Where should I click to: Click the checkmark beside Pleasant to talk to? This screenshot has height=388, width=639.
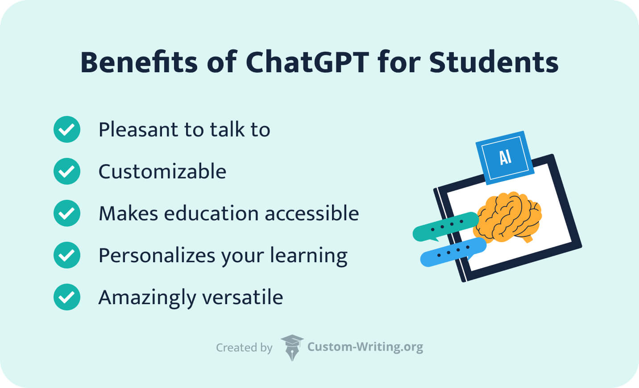(67, 129)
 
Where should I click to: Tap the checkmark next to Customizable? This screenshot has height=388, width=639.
(67, 171)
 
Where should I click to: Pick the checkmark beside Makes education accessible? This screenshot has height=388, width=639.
(67, 213)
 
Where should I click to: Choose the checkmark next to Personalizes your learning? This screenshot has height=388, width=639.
(67, 255)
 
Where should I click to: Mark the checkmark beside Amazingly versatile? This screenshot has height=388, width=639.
(67, 297)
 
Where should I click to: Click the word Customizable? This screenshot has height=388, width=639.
(162, 171)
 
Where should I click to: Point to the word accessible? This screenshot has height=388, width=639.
(312, 213)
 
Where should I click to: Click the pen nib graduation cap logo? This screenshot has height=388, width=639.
(292, 347)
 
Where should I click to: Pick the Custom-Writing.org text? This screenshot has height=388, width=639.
(365, 347)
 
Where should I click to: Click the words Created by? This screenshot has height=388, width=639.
(244, 347)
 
